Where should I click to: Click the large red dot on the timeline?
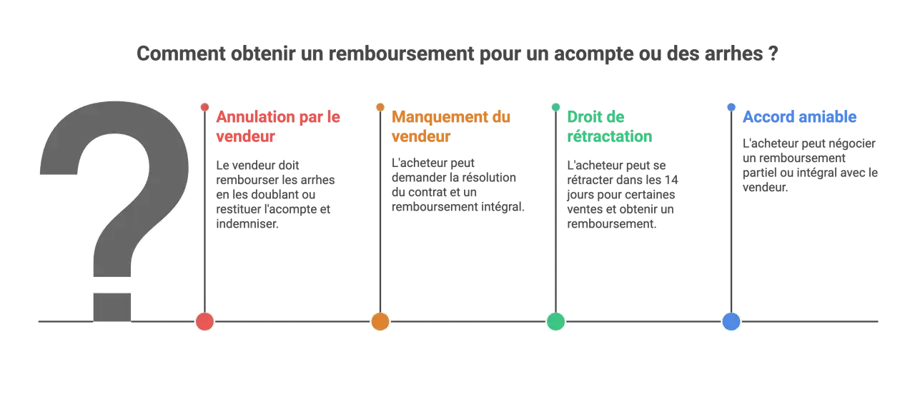pyautogui.click(x=204, y=321)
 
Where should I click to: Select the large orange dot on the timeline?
pyautogui.click(x=380, y=321)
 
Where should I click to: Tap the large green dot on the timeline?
pyautogui.click(x=555, y=321)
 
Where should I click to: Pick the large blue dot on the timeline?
pyautogui.click(x=731, y=321)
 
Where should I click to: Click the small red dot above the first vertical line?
pyautogui.click(x=204, y=107)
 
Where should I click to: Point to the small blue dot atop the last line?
pyautogui.click(x=731, y=107)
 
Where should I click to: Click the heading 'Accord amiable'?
pyautogui.click(x=799, y=117)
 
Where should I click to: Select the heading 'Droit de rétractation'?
pyautogui.click(x=610, y=127)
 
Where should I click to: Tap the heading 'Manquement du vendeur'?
pyautogui.click(x=451, y=127)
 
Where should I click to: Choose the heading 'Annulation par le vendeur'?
pyautogui.click(x=278, y=127)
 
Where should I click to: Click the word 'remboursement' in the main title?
pyautogui.click(x=401, y=54)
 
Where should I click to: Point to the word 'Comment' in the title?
pyautogui.click(x=181, y=54)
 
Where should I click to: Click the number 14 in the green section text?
pyautogui.click(x=671, y=180)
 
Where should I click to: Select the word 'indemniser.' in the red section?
pyautogui.click(x=247, y=224)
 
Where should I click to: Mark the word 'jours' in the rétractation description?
pyautogui.click(x=580, y=195)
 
